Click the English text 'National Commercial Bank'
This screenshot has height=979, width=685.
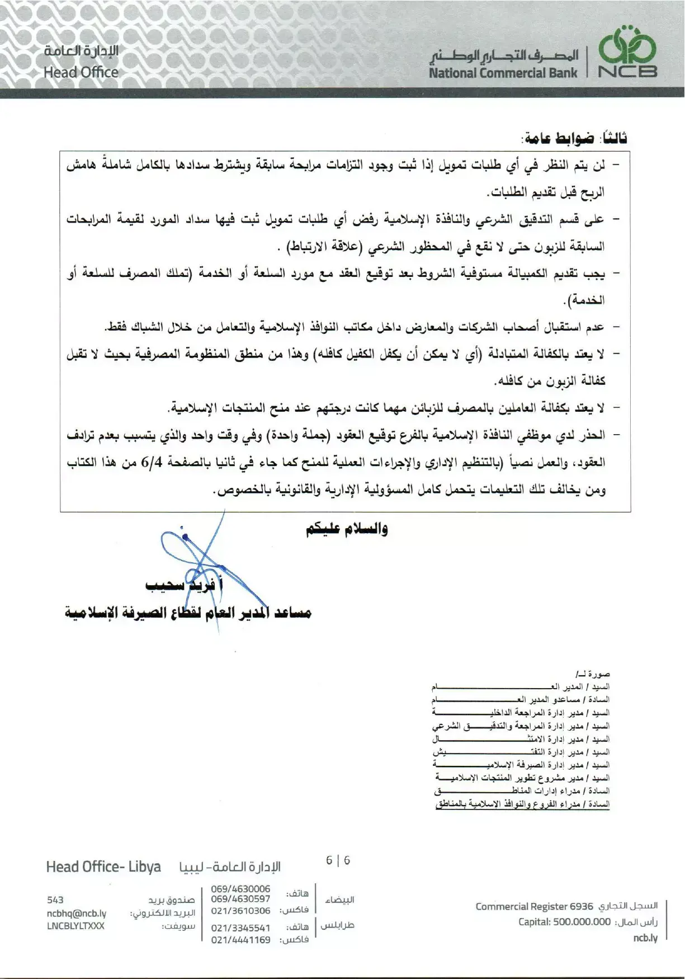[503, 73]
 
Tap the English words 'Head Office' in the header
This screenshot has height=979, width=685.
[81, 72]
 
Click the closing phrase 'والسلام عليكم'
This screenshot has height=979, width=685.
[347, 529]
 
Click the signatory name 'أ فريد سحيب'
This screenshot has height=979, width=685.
[185, 585]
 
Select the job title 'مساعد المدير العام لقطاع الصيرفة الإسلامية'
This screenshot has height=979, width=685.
[188, 613]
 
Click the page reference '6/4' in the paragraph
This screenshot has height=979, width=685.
[152, 463]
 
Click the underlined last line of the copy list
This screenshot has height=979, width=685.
[522, 804]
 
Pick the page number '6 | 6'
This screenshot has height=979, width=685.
[338, 860]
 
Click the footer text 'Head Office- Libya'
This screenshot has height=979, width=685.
[103, 867]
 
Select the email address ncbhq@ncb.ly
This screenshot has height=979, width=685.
[77, 913]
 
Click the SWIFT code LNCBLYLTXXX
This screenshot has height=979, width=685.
[75, 926]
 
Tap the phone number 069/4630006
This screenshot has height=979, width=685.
[240, 889]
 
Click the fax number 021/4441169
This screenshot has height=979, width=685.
[240, 940]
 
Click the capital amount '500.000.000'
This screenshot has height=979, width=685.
[582, 922]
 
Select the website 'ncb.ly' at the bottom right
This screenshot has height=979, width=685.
[645, 938]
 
